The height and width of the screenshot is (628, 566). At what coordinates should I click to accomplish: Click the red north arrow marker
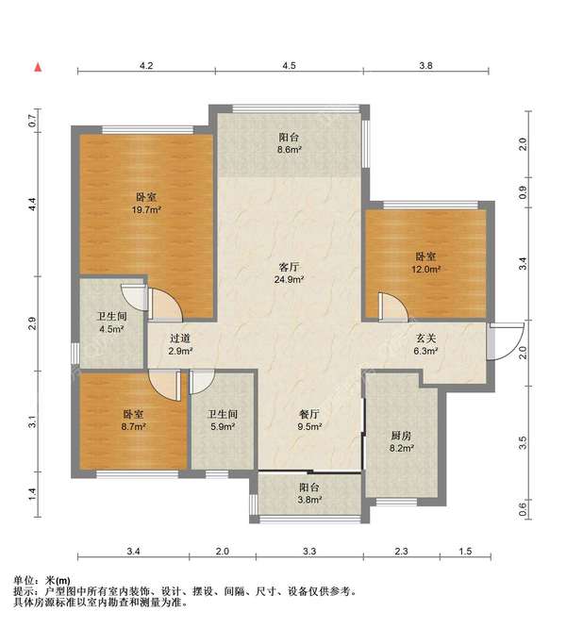pos(38,67)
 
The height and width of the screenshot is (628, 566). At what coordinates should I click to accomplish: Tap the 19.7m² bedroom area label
pos(146,203)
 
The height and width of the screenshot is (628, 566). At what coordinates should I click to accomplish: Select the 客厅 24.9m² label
pos(289,273)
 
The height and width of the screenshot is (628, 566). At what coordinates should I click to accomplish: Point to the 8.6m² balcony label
pos(289,143)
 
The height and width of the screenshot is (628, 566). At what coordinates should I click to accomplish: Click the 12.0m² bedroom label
pos(425,263)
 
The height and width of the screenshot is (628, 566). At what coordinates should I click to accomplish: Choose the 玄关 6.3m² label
pos(425,345)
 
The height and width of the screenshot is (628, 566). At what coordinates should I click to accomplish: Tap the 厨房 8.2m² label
pos(401,441)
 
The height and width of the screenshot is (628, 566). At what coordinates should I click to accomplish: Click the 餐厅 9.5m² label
pos(309,421)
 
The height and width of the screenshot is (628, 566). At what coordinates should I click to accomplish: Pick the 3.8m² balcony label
pos(310,493)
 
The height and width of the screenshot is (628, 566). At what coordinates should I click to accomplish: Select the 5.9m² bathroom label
pos(223,421)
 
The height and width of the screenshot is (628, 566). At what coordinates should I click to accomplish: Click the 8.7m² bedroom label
pos(133,421)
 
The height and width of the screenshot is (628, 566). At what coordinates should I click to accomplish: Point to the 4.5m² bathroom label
pos(111,322)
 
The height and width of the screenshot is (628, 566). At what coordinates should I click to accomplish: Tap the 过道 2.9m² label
pos(180,345)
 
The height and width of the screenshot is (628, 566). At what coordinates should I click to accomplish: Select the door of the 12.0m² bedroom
pos(392,306)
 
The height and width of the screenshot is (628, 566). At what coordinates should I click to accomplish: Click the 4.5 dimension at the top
pos(289,65)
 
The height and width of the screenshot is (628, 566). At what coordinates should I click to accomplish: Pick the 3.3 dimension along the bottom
pos(309,551)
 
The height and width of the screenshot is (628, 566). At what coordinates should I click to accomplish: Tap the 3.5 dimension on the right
pos(523,442)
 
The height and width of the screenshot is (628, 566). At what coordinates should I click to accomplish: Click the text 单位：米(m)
pos(42,580)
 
